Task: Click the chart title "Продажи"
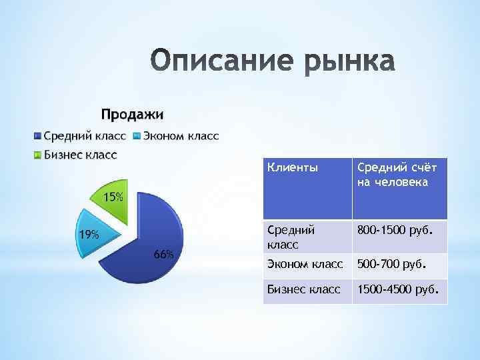click(x=132, y=115)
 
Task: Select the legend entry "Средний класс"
click(x=85, y=136)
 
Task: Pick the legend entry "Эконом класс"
click(x=180, y=136)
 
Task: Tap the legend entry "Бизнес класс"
click(x=80, y=155)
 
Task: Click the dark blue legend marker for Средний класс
click(x=38, y=137)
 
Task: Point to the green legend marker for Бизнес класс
click(x=38, y=156)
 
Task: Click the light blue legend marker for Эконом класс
click(x=137, y=137)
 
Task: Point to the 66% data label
click(x=163, y=255)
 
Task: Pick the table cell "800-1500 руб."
click(x=395, y=230)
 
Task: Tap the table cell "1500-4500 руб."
click(x=397, y=289)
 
